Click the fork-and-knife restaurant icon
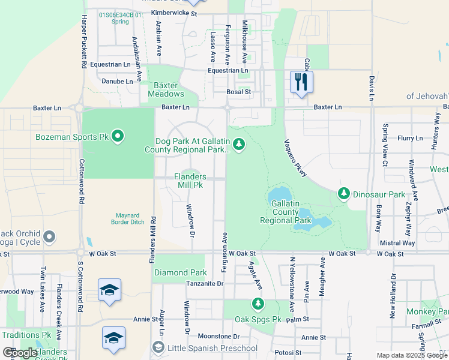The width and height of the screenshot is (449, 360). point(301,82)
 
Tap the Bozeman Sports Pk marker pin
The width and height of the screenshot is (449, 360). point(118,137)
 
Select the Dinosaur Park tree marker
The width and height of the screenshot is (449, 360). point(343,194)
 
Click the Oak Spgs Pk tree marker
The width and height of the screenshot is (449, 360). point(258,304)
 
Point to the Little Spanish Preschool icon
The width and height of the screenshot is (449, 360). point(158,347)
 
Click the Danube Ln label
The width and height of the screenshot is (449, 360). point(118,81)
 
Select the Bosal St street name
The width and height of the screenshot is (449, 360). point(238,92)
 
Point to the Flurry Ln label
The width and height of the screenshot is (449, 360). point(410,138)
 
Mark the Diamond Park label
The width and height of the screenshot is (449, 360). point(180,272)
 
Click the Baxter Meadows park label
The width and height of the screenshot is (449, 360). point(166,89)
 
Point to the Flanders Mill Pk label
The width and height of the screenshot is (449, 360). point(190,181)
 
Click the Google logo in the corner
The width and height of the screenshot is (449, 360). point(20,353)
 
